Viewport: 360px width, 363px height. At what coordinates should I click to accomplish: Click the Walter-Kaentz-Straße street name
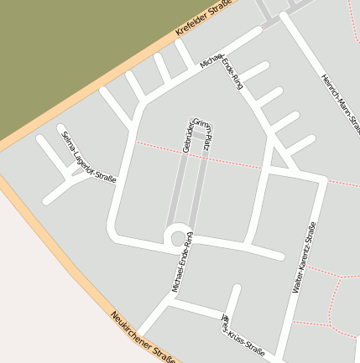[305, 257]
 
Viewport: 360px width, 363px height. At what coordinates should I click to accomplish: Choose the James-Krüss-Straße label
[242, 335]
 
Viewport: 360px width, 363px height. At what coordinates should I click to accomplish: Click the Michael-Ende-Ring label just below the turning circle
[183, 262]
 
